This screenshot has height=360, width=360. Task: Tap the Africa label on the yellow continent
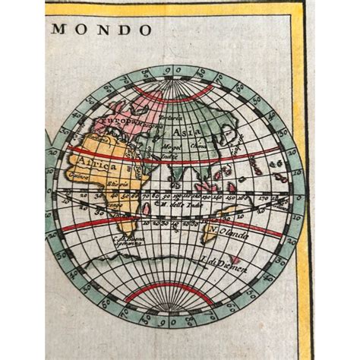tap(96, 164)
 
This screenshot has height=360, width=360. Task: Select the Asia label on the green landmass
tap(192, 132)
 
